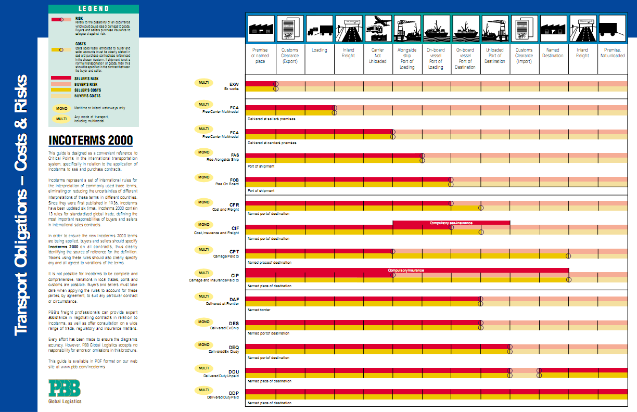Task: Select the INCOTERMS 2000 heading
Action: click(91, 140)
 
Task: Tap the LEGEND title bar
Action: click(94, 9)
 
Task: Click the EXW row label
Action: click(234, 84)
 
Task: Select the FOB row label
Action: click(234, 181)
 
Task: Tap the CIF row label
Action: click(235, 228)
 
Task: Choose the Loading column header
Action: click(319, 50)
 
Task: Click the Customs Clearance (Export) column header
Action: click(290, 56)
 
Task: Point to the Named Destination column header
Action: click(553, 53)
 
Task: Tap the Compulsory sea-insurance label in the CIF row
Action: click(451, 223)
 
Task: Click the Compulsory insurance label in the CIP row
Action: click(406, 271)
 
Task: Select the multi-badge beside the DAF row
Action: click(203, 297)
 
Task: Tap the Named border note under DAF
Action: click(259, 310)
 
